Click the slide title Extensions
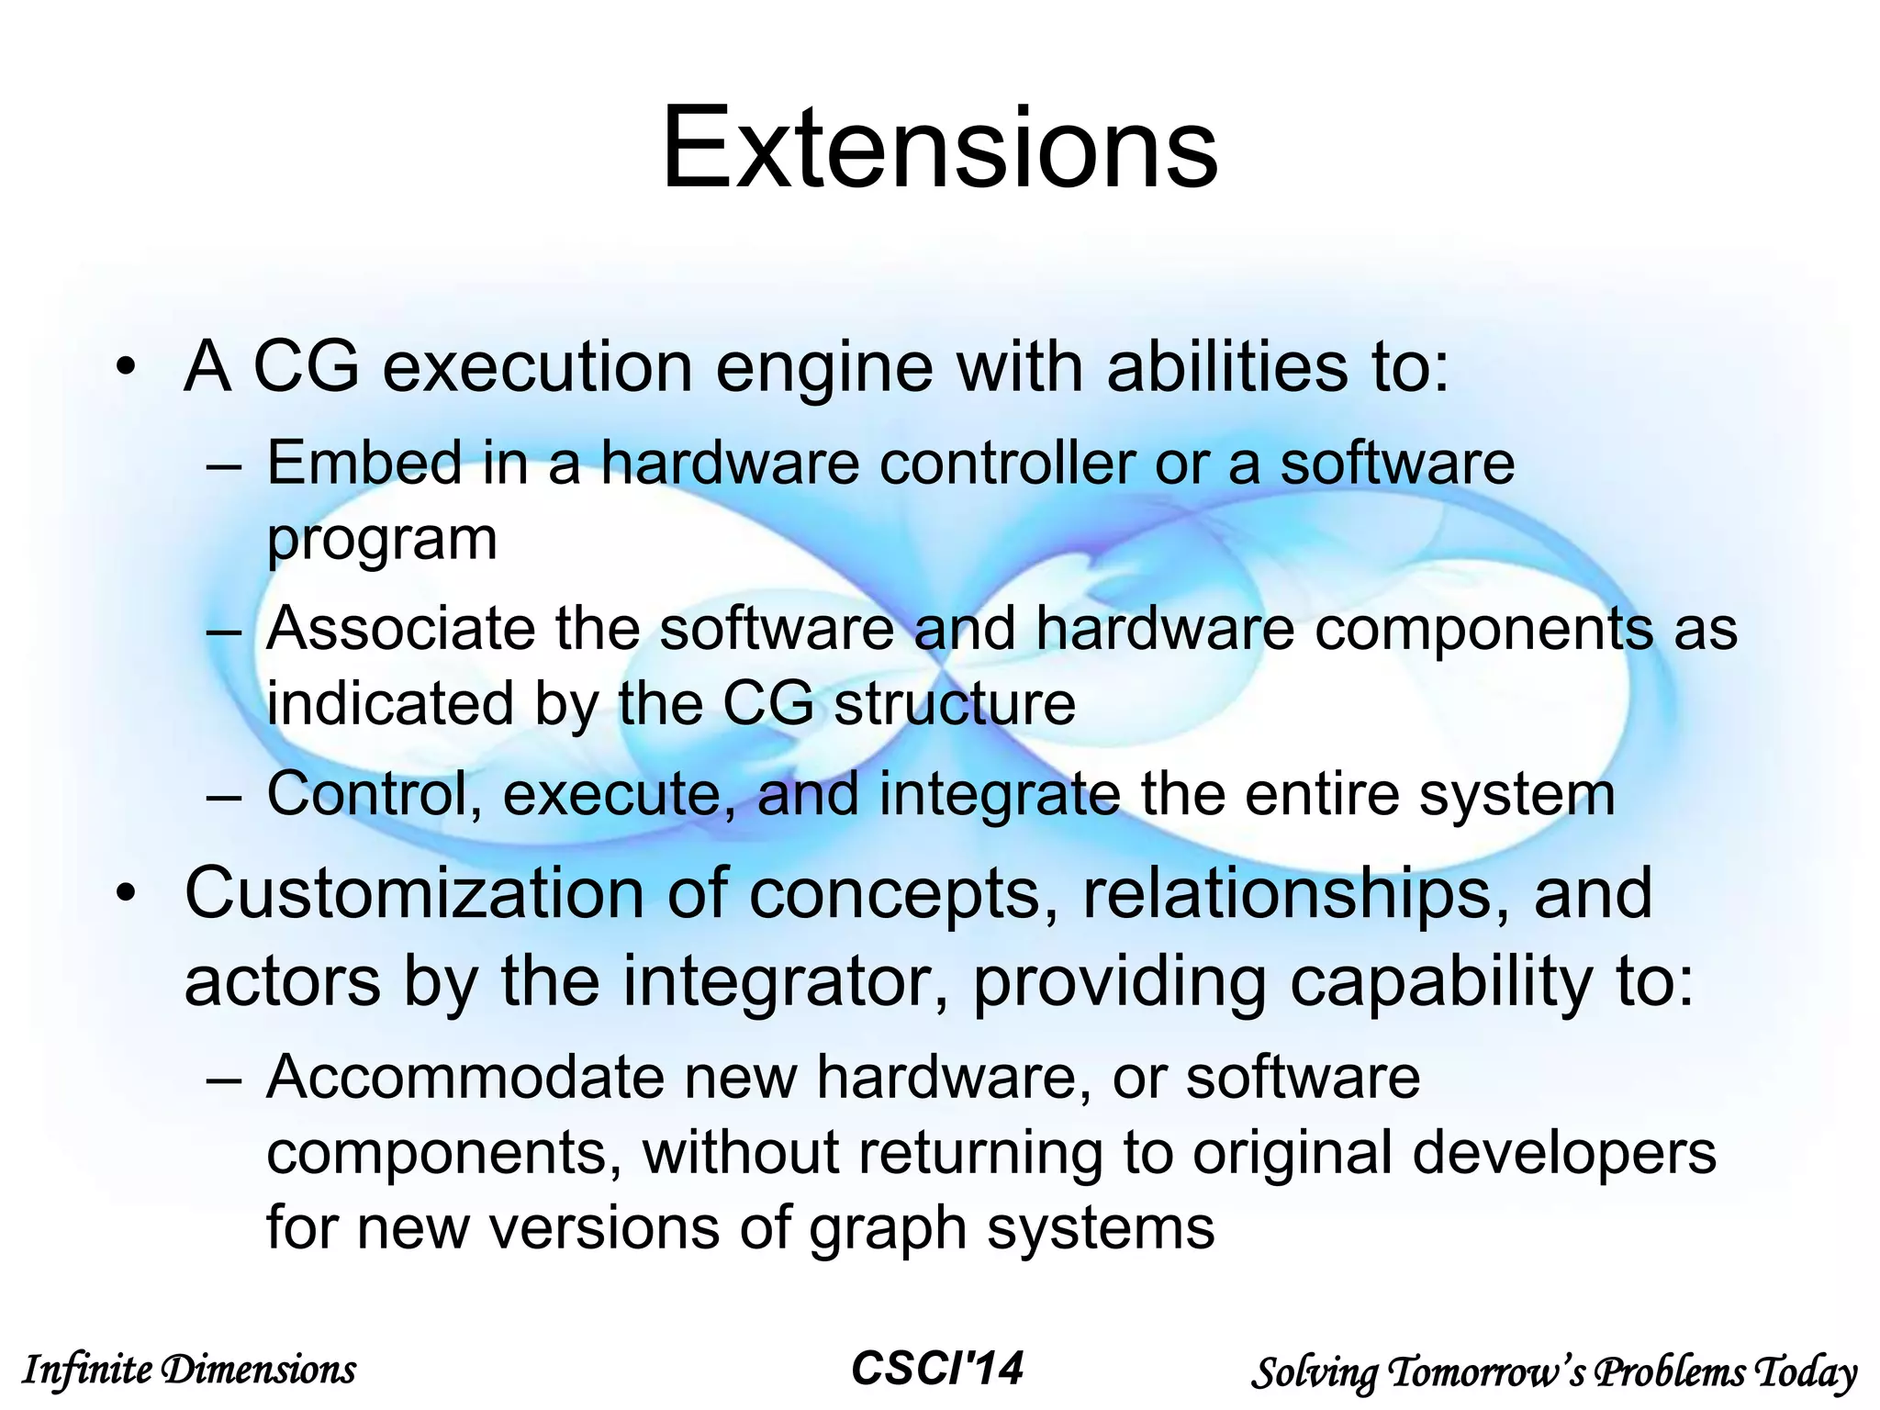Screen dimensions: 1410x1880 [x=939, y=150]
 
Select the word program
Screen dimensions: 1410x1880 [x=382, y=541]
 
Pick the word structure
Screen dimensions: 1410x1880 [x=954, y=704]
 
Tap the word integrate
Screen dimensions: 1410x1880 [x=999, y=795]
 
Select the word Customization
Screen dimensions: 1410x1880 [x=413, y=893]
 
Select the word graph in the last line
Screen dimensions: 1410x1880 [x=887, y=1230]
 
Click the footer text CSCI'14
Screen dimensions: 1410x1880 [x=936, y=1369]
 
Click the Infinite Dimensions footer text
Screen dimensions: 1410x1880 [x=188, y=1371]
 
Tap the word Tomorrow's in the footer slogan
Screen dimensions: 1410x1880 [x=1487, y=1372]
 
